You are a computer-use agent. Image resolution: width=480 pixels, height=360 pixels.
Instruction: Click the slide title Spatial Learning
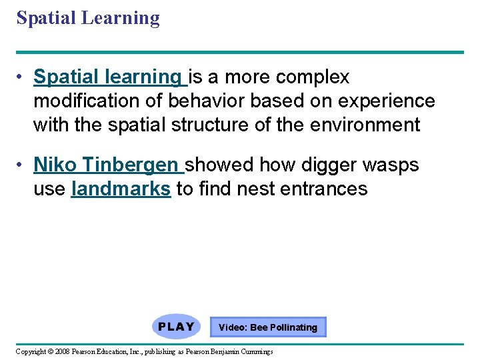click(x=88, y=18)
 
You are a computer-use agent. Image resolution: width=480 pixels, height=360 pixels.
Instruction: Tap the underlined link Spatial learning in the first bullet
click(x=110, y=77)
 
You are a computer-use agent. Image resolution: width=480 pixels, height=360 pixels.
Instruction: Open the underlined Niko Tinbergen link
click(x=105, y=164)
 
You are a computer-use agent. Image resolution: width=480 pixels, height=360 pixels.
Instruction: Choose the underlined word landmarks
click(x=120, y=189)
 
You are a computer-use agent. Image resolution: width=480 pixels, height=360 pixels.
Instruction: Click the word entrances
click(x=324, y=189)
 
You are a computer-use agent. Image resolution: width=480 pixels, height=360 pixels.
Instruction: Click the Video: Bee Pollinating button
click(x=268, y=327)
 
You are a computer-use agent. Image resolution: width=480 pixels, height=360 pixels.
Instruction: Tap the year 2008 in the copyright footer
click(x=62, y=351)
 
